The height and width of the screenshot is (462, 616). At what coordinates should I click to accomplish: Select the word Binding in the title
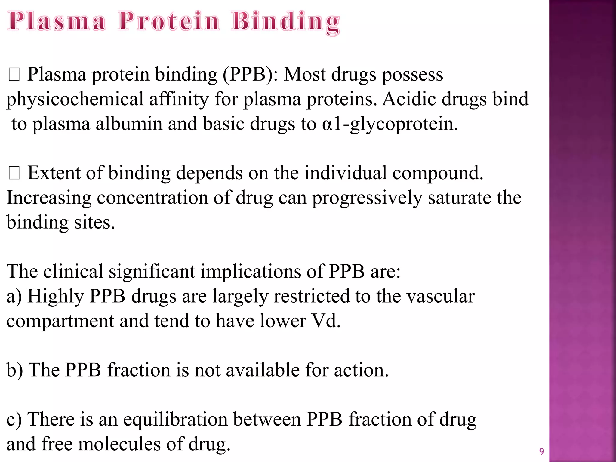click(x=286, y=22)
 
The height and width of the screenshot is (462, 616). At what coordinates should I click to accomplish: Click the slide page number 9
click(x=541, y=452)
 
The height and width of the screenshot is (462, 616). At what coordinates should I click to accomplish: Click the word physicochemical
click(x=75, y=100)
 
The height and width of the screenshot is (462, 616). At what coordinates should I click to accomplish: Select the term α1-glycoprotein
click(x=390, y=124)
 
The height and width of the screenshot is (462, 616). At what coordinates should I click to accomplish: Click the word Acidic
click(x=409, y=99)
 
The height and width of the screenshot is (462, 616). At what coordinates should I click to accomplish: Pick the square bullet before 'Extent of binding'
click(x=14, y=174)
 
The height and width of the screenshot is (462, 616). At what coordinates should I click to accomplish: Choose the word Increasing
click(x=49, y=198)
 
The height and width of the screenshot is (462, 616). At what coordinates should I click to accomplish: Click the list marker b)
click(x=14, y=370)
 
